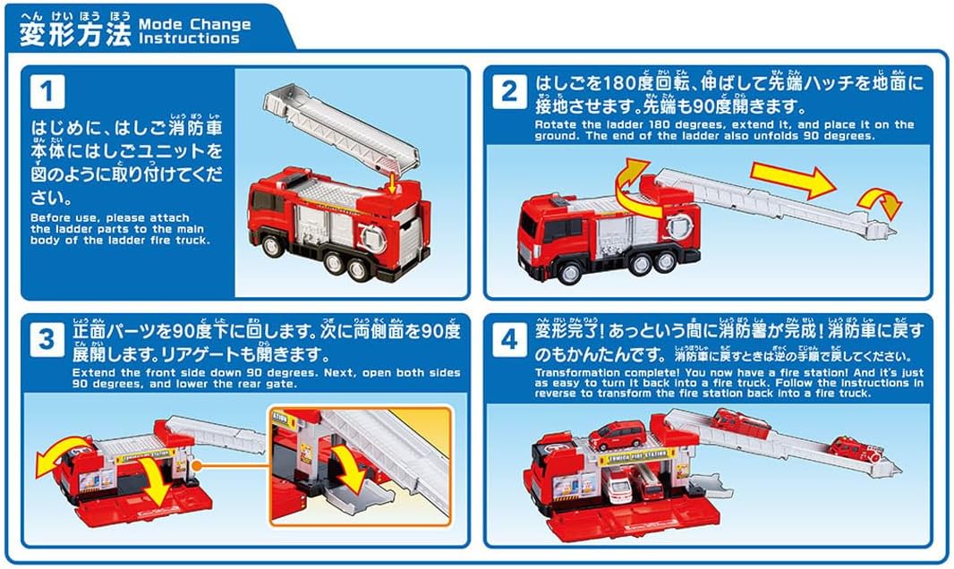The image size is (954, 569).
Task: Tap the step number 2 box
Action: pos(509,91)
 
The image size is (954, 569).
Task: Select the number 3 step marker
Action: pos(47,341)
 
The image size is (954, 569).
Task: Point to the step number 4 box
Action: pos(509,341)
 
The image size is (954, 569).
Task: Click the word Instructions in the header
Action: pos(189,38)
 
